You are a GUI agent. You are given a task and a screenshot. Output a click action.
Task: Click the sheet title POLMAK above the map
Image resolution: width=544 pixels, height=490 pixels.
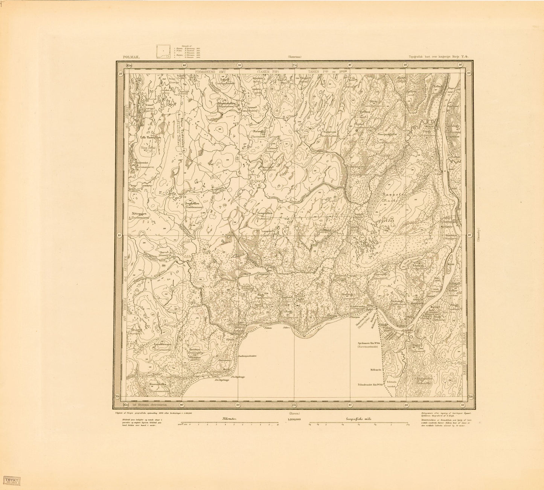tap(131, 57)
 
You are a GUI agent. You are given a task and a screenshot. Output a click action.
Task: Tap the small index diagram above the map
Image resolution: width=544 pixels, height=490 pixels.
tap(163, 52)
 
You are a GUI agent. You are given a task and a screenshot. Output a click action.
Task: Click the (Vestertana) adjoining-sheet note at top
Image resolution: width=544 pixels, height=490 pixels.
tap(295, 57)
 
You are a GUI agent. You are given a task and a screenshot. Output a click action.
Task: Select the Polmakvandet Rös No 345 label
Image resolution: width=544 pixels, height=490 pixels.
tap(369, 385)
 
